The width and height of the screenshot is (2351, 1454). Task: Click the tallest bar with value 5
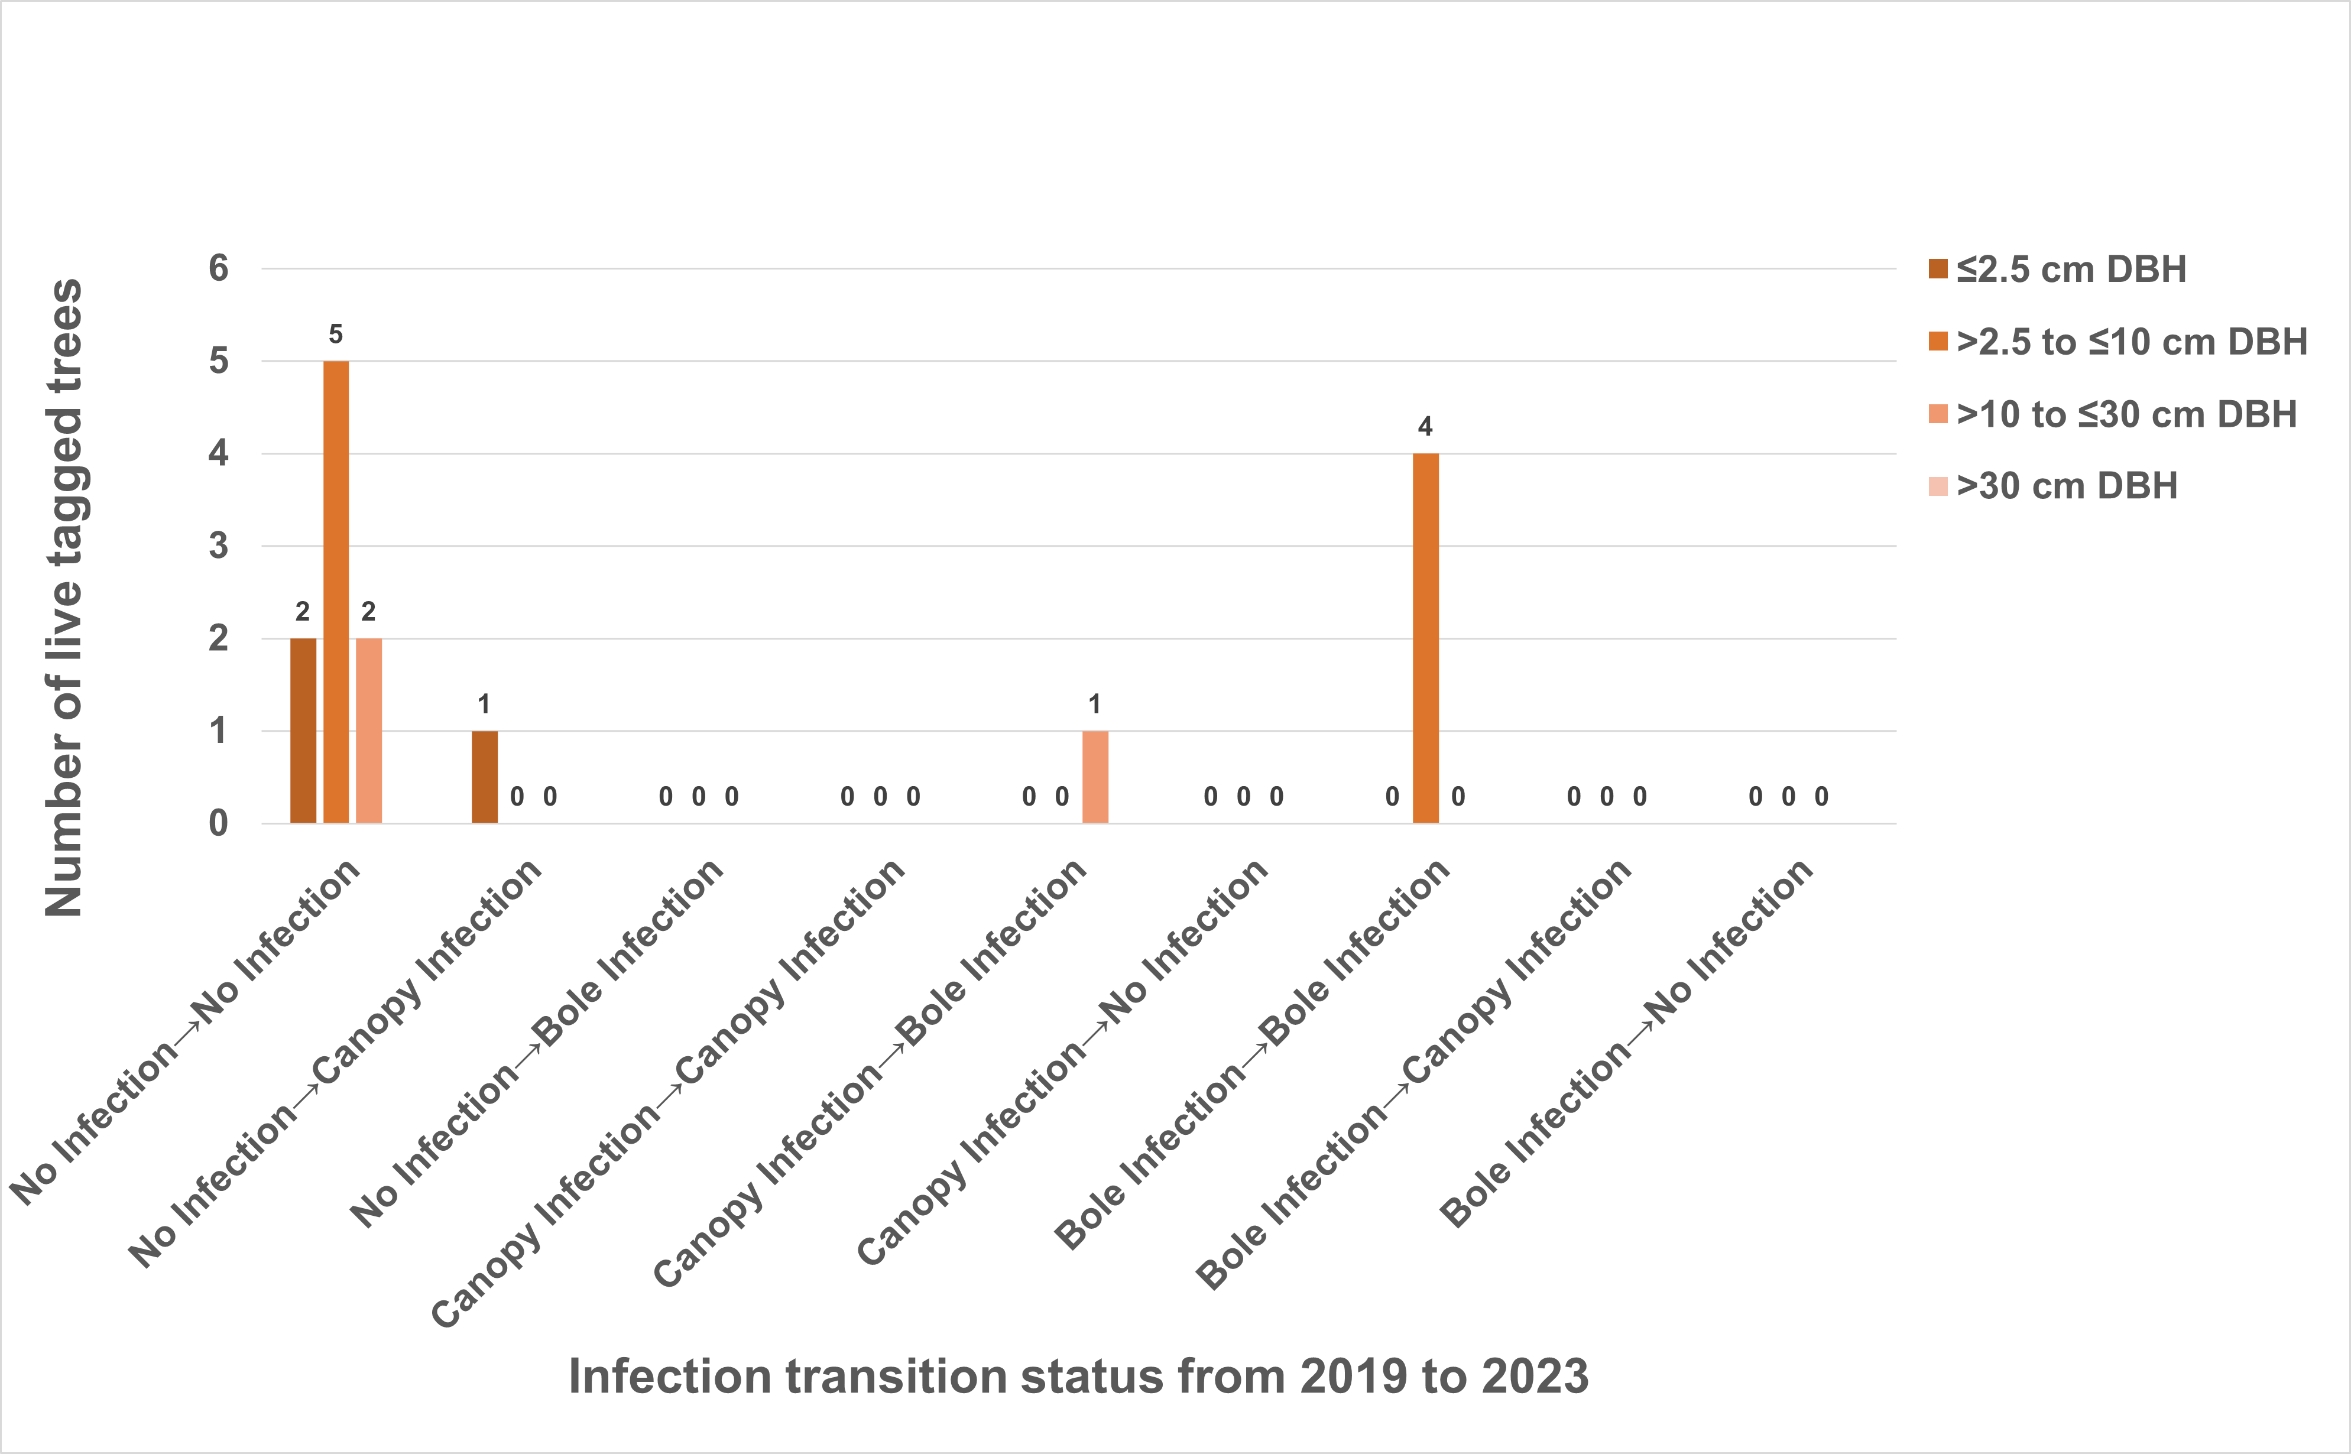pos(336,592)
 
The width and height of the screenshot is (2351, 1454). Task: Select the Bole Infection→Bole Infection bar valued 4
pos(1425,638)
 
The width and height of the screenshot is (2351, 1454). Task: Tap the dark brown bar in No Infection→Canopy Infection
pos(485,777)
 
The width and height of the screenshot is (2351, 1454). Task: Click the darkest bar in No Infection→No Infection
pos(303,731)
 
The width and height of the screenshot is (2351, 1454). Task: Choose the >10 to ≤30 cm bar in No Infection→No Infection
pos(368,731)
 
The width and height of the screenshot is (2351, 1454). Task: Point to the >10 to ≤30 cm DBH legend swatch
pos(1938,414)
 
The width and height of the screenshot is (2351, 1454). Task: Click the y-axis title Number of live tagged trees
pos(63,596)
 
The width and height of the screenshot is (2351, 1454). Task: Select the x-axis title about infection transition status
pos(1078,1376)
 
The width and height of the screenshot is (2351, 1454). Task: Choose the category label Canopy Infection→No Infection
pos(1062,1063)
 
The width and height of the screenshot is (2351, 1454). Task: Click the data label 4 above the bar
pos(1425,426)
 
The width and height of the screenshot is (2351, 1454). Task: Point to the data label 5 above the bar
pos(336,334)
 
